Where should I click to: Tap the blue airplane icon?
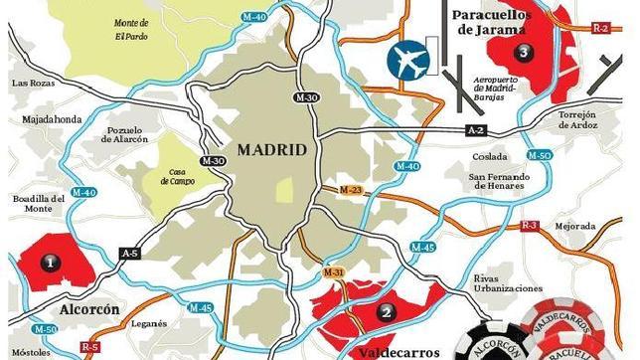pyautogui.click(x=408, y=61)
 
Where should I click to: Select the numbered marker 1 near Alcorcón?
pyautogui.click(x=50, y=262)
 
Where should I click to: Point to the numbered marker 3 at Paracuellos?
pyautogui.click(x=521, y=53)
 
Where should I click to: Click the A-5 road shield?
pyautogui.click(x=129, y=255)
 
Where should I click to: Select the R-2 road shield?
pyautogui.click(x=600, y=28)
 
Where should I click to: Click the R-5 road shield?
pyautogui.click(x=90, y=346)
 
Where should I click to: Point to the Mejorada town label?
pyautogui.click(x=574, y=226)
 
